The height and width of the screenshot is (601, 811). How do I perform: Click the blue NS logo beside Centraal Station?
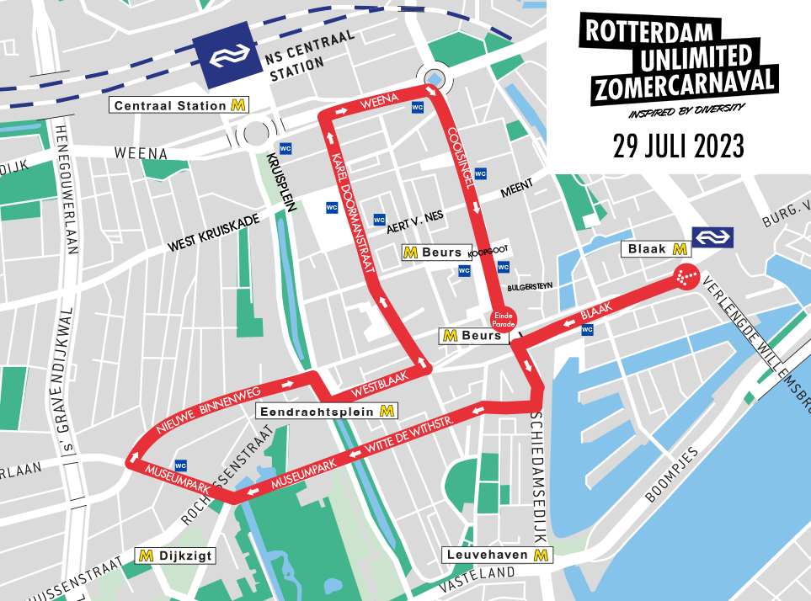227,57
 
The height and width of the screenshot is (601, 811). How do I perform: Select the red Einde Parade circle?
503,318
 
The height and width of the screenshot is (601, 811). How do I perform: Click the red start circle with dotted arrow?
686,277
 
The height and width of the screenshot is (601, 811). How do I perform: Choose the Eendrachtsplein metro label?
327,412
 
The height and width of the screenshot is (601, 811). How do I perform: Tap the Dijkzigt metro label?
176,556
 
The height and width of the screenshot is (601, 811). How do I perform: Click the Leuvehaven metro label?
498,555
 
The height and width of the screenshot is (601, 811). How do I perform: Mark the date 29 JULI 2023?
678,146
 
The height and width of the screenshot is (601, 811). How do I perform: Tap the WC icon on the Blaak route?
587,329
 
